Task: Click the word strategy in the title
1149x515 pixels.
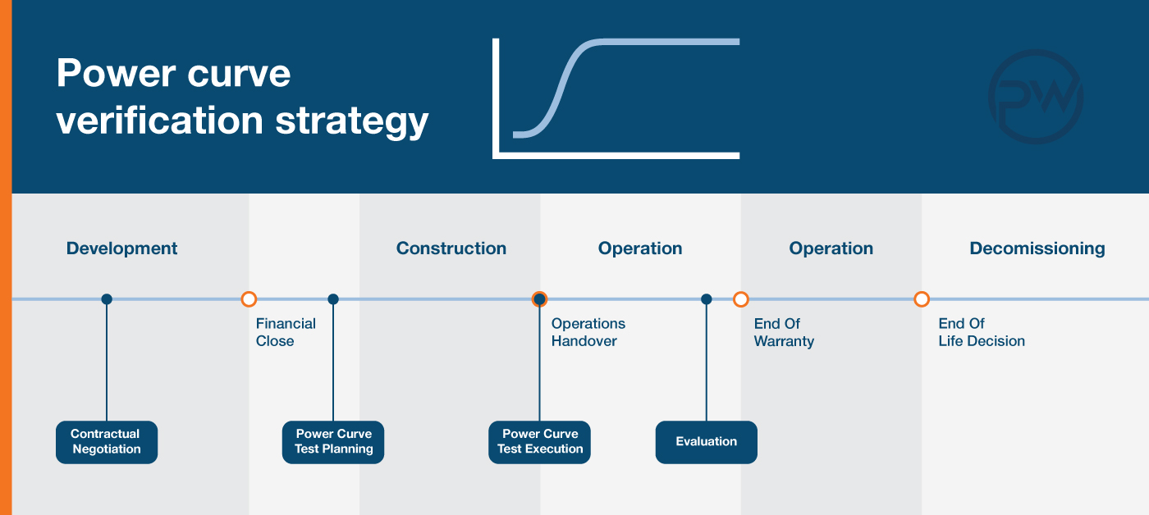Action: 352,122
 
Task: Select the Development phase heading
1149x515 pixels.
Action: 121,248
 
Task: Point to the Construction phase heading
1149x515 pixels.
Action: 451,248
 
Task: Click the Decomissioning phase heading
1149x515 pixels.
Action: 1037,248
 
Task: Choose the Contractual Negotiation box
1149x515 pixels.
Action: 107,442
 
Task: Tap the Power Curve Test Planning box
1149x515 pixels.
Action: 333,442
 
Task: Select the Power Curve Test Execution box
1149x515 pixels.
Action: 540,442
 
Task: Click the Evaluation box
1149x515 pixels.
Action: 707,442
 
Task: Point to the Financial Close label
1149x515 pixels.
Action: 286,332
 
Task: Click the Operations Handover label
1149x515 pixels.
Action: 588,332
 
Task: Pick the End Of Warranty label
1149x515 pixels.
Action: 784,332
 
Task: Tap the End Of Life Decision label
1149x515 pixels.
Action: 982,332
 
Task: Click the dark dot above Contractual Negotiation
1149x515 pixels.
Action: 107,299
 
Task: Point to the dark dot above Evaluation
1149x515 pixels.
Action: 707,299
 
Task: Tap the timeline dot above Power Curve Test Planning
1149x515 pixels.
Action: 333,299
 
